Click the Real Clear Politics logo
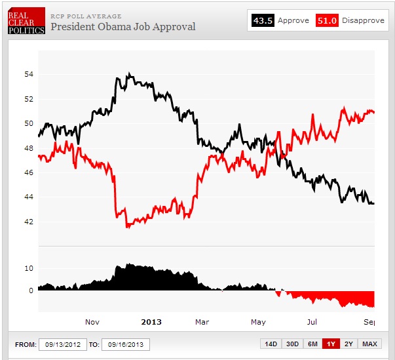tap(26, 20)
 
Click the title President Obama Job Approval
tap(122, 27)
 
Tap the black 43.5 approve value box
tap(263, 20)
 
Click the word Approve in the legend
tap(293, 20)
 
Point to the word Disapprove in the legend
tap(363, 20)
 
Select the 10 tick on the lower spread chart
tap(29, 268)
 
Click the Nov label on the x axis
tap(92, 322)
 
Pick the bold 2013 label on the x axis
tap(151, 322)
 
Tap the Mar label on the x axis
tap(202, 322)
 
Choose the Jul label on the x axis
tap(312, 322)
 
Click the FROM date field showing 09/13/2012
tap(62, 344)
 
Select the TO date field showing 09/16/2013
tap(126, 344)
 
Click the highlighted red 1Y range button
tap(331, 344)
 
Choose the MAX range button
tap(369, 344)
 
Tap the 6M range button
tap(312, 344)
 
